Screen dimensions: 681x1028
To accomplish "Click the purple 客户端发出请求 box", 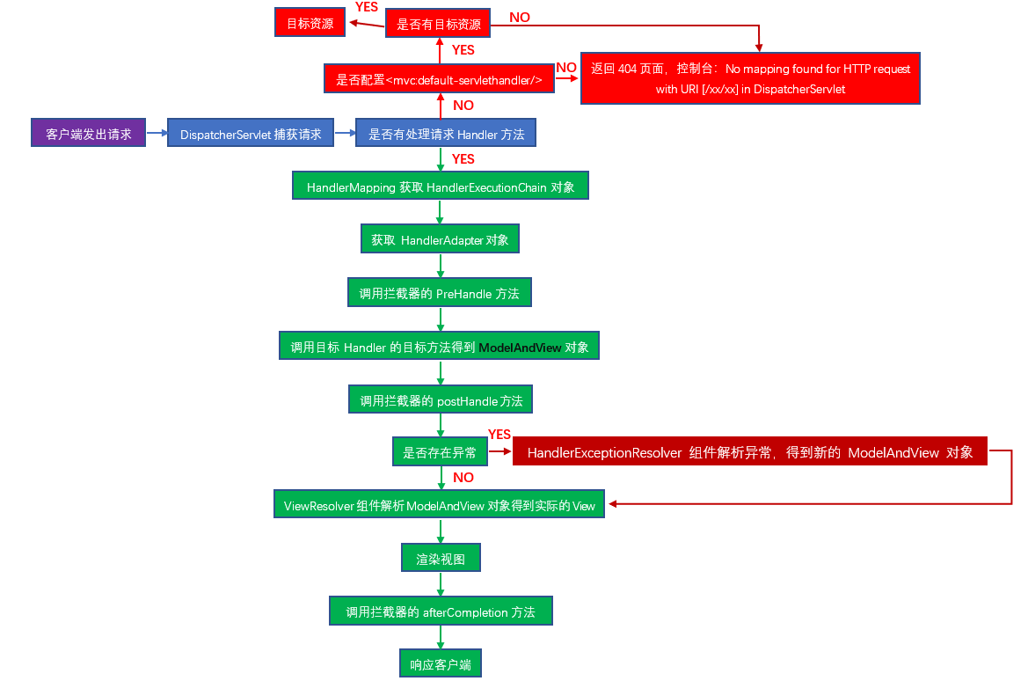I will [88, 134].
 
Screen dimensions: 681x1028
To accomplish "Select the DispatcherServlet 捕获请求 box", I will [251, 135].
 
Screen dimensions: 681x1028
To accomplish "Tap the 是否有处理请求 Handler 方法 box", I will [446, 134].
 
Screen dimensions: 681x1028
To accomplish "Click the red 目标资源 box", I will [310, 24].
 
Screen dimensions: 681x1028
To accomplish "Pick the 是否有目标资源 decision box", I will [438, 25].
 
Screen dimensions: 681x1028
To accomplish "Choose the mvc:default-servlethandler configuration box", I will [438, 80].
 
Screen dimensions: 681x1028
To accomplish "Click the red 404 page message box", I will [750, 78].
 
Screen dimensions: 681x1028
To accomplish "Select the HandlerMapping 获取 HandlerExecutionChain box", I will [440, 187].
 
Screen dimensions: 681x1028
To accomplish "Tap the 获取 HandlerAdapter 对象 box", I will [440, 239].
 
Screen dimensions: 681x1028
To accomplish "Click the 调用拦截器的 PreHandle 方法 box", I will [440, 293].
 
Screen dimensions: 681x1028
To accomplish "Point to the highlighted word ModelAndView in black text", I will [520, 348].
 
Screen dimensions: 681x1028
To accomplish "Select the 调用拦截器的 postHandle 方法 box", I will [441, 400].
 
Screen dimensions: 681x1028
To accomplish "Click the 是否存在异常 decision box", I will [439, 452].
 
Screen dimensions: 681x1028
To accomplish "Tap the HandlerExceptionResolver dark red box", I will [750, 452].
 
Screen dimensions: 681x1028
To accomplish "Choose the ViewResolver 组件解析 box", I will [440, 505].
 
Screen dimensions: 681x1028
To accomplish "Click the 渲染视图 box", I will [440, 558].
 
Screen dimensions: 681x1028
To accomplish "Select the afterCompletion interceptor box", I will [441, 611].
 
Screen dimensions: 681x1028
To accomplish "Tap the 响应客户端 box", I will [440, 664].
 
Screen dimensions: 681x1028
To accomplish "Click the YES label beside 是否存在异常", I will [499, 435].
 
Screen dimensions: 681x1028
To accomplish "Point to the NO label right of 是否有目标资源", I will [520, 17].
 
